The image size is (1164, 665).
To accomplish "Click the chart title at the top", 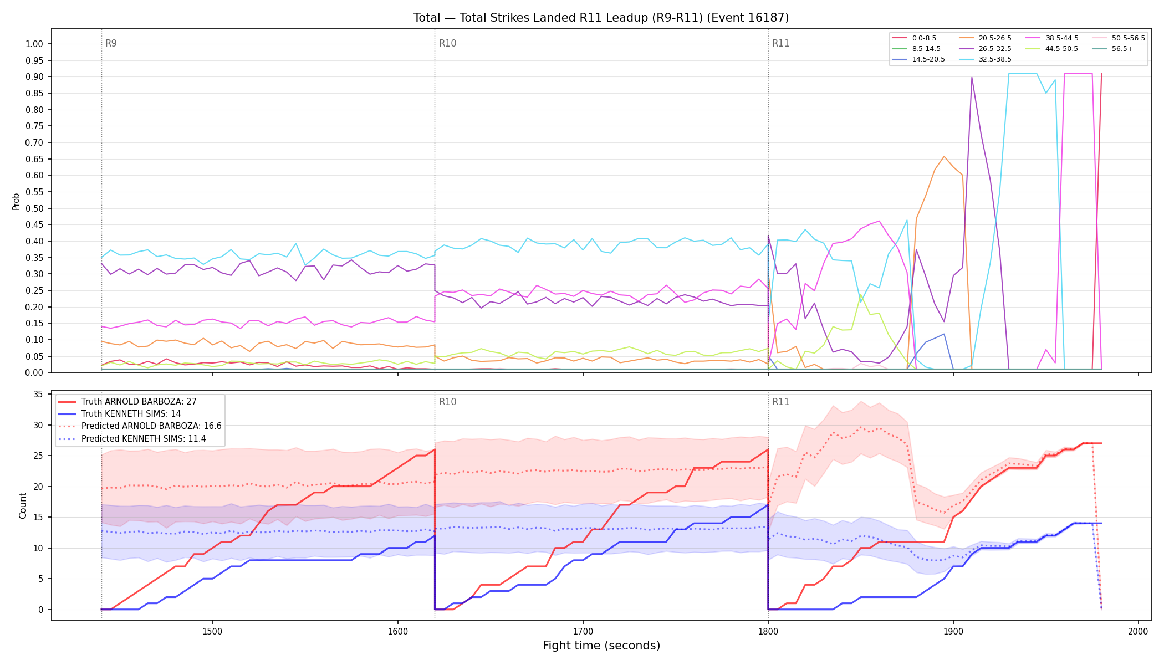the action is [x=601, y=18].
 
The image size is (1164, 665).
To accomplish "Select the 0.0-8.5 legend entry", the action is [x=914, y=38].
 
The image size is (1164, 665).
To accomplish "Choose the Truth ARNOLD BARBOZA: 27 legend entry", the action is [x=127, y=402].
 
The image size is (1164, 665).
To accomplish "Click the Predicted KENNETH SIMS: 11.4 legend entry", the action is [x=132, y=439].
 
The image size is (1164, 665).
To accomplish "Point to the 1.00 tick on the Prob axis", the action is [x=34, y=44].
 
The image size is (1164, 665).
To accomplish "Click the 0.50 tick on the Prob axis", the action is [x=34, y=208].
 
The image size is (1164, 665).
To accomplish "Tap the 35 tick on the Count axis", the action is [x=38, y=395].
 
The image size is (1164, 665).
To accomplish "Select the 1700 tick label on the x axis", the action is [x=583, y=631].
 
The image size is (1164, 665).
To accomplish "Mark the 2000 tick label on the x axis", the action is [x=1138, y=631].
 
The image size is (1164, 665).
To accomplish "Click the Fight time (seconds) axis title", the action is [x=601, y=646].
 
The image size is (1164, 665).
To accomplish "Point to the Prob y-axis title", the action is [x=16, y=201].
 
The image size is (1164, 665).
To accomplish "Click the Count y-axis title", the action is [x=23, y=505].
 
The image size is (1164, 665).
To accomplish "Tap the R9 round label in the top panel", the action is [x=111, y=43].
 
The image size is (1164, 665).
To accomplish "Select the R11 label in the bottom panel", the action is [x=780, y=402].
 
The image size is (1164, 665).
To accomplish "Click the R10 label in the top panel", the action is [x=447, y=43].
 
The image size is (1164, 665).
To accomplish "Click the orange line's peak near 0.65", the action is [x=944, y=156].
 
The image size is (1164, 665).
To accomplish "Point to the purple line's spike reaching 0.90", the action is [x=972, y=78].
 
